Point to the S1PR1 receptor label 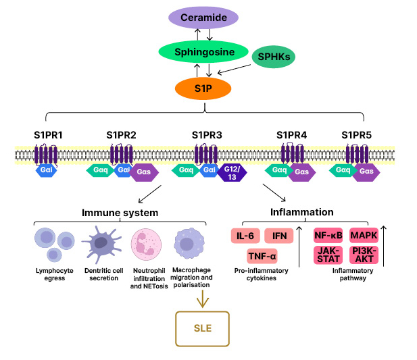(x=48, y=134)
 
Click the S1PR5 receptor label (x=356, y=134)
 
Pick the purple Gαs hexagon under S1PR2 (x=144, y=172)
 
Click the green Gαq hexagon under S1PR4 (x=277, y=171)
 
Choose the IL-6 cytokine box (x=245, y=236)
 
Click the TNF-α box (x=263, y=257)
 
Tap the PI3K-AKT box (x=364, y=255)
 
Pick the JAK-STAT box (x=327, y=255)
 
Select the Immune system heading (x=120, y=213)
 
